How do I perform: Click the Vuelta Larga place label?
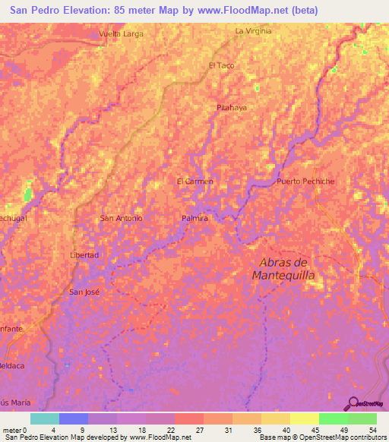(x=122, y=34)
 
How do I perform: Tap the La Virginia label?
(x=253, y=31)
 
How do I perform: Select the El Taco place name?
(x=221, y=65)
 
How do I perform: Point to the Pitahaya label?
(x=232, y=108)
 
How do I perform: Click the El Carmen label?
(x=194, y=182)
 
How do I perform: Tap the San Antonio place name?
(x=122, y=218)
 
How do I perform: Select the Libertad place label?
(x=84, y=255)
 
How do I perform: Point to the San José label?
(x=84, y=292)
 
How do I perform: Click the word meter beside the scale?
(x=13, y=430)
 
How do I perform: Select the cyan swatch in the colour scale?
(x=45, y=418)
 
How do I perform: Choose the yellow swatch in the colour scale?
(x=304, y=418)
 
